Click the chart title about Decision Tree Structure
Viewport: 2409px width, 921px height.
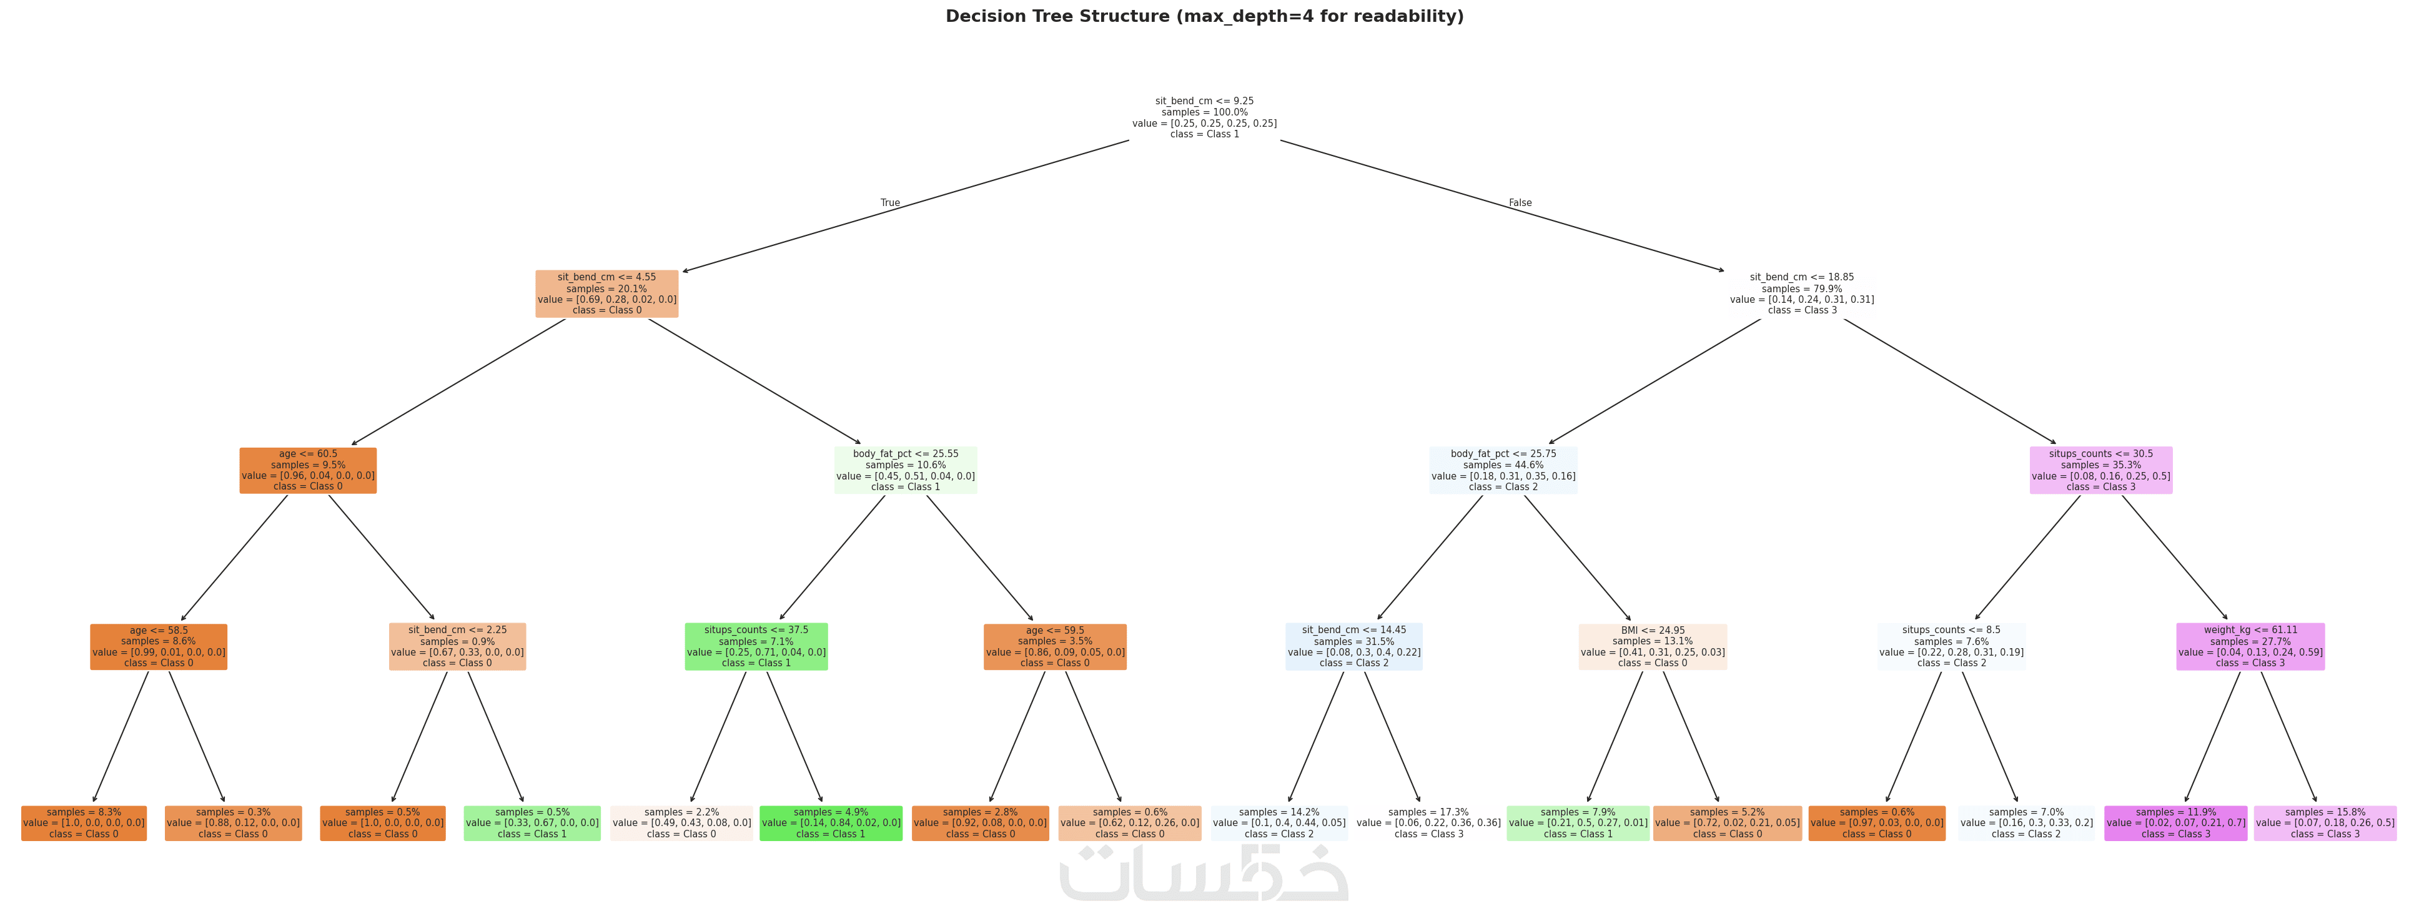(x=1204, y=17)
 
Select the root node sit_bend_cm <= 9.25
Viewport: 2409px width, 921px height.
(x=1204, y=118)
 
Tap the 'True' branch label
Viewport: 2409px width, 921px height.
(x=890, y=203)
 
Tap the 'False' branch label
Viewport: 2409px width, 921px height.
(x=1521, y=203)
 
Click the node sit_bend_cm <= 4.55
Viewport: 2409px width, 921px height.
(x=607, y=293)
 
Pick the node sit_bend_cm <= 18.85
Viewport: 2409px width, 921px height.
(x=1802, y=293)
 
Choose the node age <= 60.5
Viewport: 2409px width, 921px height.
(x=308, y=470)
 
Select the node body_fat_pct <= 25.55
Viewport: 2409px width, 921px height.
(x=905, y=470)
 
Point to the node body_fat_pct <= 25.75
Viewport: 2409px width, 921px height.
(x=1503, y=470)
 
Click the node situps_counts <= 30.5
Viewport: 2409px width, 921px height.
(x=2100, y=470)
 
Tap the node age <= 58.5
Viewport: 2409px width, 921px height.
(x=159, y=647)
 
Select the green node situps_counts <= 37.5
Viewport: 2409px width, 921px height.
(x=756, y=647)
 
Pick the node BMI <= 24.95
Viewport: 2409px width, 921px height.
(x=1653, y=647)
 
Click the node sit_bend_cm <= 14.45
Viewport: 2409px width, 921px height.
(x=1354, y=647)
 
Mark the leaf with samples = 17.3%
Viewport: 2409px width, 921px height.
(x=1429, y=824)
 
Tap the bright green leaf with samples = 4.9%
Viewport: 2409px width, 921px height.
(x=831, y=824)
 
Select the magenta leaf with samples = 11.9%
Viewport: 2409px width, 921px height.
(x=2175, y=824)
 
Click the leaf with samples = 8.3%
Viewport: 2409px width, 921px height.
(x=84, y=824)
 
